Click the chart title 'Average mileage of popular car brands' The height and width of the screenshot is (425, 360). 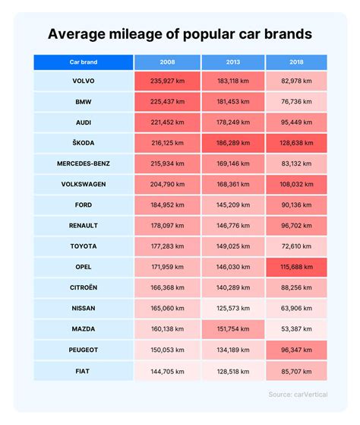point(180,34)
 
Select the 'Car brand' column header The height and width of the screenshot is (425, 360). point(84,62)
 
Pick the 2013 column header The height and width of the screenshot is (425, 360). point(232,62)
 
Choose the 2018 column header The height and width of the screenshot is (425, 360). point(297,62)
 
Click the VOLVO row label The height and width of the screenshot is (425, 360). point(84,81)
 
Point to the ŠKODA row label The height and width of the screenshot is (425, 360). point(84,142)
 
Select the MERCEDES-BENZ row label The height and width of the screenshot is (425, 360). point(84,163)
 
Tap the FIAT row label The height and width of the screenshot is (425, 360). point(84,371)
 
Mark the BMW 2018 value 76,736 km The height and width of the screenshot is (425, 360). point(297,101)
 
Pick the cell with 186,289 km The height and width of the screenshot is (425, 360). point(232,142)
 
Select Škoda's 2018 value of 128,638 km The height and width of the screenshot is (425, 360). point(297,142)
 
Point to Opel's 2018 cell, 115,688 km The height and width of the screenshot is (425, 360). point(297,267)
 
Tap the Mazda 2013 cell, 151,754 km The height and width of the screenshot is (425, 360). point(232,329)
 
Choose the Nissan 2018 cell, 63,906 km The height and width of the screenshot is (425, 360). point(297,309)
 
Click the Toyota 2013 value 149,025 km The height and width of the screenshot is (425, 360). point(232,246)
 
